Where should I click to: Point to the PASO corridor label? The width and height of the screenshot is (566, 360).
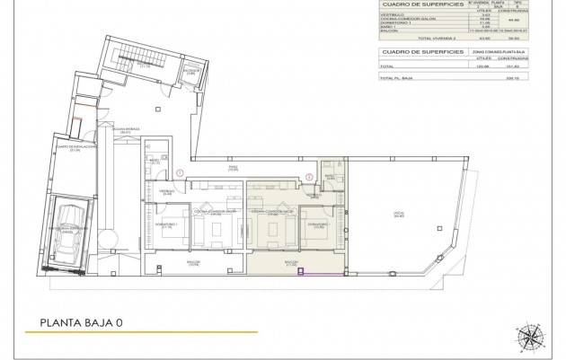pyautogui.click(x=231, y=168)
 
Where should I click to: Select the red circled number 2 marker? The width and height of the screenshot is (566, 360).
pyautogui.click(x=310, y=176)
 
